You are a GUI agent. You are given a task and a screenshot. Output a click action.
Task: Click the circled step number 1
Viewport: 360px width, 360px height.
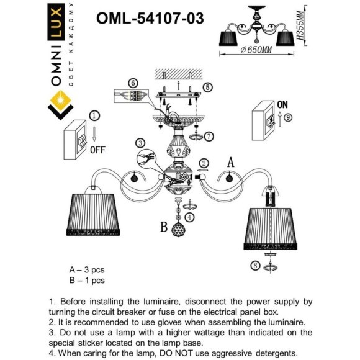click(x=94, y=115)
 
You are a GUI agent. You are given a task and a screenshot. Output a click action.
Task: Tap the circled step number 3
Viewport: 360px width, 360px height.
click(x=142, y=143)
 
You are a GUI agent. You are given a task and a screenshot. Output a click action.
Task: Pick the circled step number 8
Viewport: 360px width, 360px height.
click(x=255, y=266)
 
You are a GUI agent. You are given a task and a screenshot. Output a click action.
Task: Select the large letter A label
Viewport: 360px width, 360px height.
click(x=230, y=163)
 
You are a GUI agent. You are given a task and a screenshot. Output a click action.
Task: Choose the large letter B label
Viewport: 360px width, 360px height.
click(x=164, y=228)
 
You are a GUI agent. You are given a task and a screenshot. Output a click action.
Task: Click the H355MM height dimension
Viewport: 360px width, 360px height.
click(x=299, y=29)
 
